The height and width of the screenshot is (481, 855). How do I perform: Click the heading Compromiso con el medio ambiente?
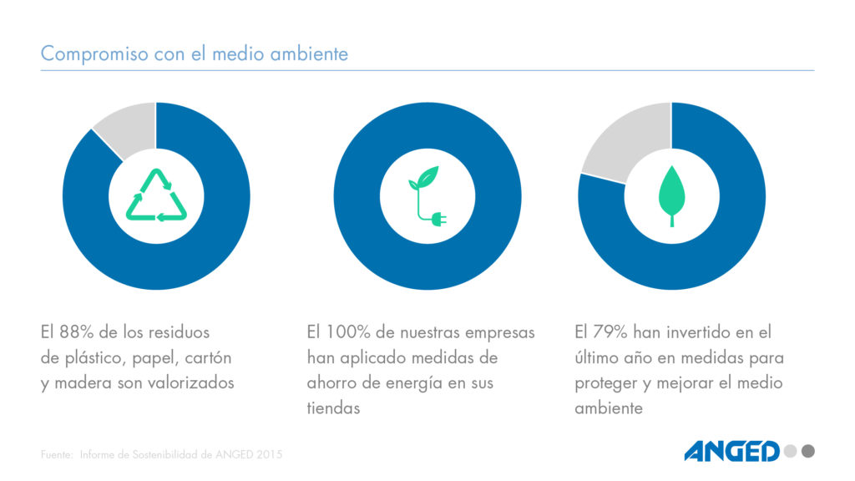click(194, 54)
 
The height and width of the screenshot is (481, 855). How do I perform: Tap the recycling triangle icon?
click(155, 195)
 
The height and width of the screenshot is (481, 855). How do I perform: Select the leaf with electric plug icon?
click(427, 196)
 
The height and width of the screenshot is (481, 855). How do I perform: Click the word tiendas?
click(333, 409)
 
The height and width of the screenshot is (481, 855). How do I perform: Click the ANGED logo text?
click(731, 452)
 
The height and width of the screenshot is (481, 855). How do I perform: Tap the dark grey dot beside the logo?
click(807, 452)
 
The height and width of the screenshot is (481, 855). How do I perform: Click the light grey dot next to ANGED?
click(789, 452)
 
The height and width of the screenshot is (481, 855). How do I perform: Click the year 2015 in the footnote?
click(268, 455)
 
